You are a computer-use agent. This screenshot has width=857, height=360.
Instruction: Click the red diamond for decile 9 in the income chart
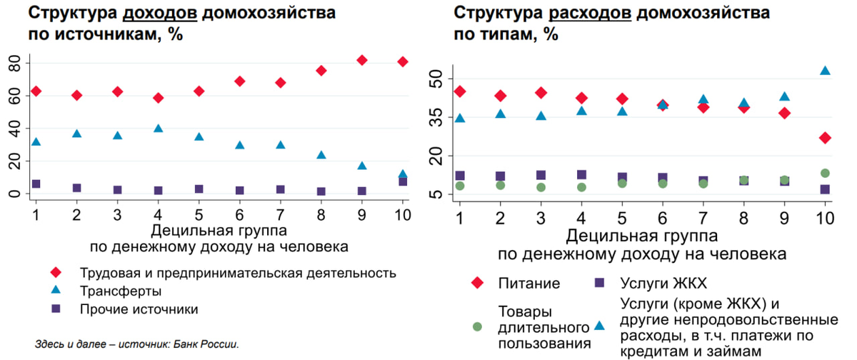(x=362, y=60)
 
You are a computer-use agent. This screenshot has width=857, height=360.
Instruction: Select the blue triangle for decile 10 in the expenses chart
(x=825, y=71)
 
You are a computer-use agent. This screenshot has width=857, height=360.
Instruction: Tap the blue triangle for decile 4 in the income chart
(x=158, y=129)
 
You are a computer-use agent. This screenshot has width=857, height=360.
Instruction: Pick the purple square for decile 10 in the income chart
(x=403, y=181)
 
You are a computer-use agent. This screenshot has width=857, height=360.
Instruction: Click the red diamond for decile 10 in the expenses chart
(x=825, y=137)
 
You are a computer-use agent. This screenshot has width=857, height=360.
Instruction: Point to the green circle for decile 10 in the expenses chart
(x=825, y=173)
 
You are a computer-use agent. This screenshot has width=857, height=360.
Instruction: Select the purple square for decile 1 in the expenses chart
(x=460, y=176)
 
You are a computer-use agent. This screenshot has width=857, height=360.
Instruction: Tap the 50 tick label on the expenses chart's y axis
(x=436, y=77)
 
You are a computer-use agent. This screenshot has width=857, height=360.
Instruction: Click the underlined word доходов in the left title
(x=161, y=14)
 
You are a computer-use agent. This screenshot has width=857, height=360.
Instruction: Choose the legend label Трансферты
(x=121, y=291)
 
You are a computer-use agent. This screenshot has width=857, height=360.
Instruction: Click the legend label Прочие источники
(x=139, y=309)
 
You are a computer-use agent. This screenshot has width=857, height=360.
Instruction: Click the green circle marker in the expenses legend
(x=478, y=327)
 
